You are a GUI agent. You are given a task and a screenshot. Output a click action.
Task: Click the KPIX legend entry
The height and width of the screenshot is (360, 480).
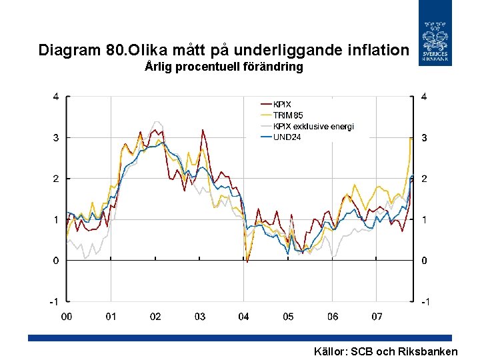point(283,105)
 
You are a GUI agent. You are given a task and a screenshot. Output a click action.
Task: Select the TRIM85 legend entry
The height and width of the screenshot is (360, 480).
point(287,115)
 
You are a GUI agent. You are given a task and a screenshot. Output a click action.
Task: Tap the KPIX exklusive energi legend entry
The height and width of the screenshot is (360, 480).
point(313,126)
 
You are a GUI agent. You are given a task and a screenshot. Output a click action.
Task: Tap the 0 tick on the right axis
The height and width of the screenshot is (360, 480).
point(424,261)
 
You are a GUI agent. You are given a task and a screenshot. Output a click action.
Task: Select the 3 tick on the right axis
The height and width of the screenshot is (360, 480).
point(424,138)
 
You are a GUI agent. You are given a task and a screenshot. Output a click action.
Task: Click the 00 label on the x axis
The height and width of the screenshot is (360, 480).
point(67,317)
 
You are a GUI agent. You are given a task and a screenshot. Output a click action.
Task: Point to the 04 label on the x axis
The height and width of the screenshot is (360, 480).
point(244,317)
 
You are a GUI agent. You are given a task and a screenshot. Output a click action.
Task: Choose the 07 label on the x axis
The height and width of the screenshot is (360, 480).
point(377,317)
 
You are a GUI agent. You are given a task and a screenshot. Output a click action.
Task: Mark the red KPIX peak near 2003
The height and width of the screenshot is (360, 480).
point(203,130)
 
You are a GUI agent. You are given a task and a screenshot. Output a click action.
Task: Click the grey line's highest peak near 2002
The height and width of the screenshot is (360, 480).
point(156,122)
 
